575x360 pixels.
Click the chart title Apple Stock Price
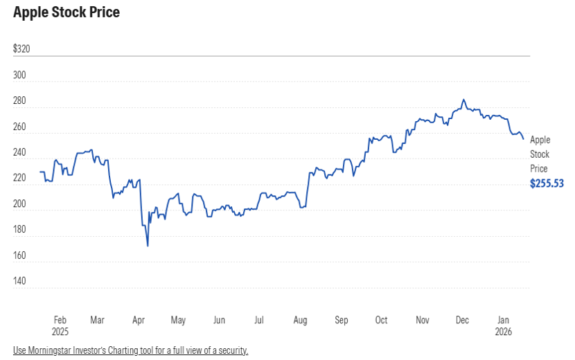(67, 12)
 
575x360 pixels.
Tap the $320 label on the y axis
(22, 49)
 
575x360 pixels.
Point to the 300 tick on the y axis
(19, 75)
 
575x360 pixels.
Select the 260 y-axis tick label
(19, 127)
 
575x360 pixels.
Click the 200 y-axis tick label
(19, 204)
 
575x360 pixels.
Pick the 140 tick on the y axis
(19, 282)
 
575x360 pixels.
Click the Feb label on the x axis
(60, 321)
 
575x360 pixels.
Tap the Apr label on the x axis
(139, 321)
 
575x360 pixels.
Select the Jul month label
(259, 321)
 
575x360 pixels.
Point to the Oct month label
(382, 321)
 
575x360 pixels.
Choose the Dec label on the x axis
(462, 321)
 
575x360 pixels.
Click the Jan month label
(504, 321)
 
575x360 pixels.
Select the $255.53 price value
(547, 183)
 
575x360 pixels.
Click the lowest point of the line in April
(148, 246)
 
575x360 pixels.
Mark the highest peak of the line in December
(463, 100)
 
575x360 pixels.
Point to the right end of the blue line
(524, 139)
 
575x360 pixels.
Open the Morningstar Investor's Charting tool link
(130, 350)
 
